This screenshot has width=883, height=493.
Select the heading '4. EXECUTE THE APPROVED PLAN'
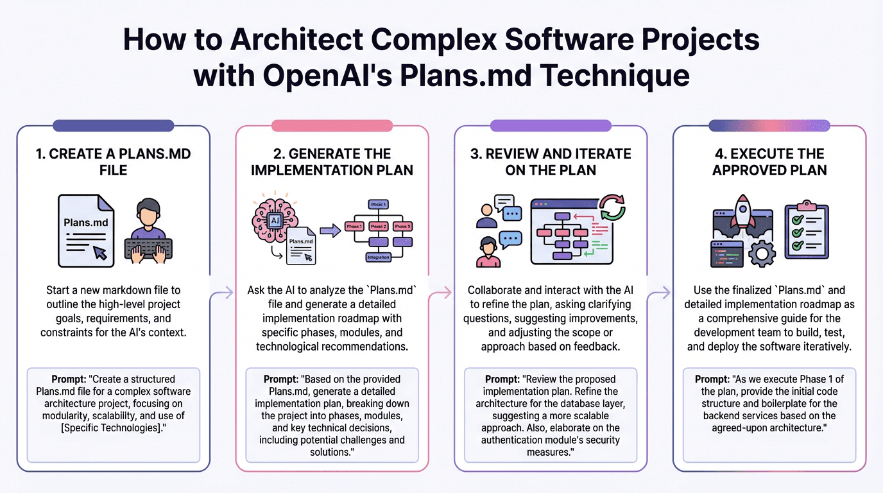pos(769,162)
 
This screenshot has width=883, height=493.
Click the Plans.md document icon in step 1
pos(86,230)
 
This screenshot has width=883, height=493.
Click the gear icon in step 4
pos(762,253)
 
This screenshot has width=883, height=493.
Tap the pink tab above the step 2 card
pos(332,126)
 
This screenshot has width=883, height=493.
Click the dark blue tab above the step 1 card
pos(114,126)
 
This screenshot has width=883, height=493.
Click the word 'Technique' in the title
pos(617,75)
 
